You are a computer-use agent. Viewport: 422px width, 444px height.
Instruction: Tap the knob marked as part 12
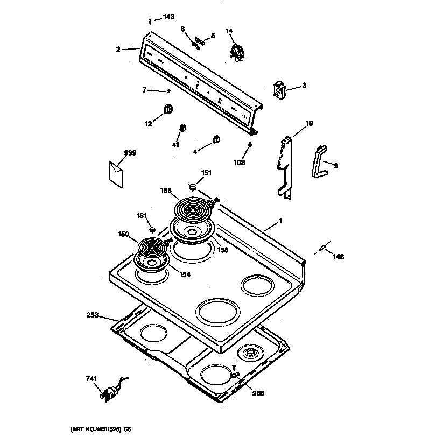(167, 108)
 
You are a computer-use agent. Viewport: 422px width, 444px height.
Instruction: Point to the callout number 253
(92, 315)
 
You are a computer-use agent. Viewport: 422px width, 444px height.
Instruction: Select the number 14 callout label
(229, 32)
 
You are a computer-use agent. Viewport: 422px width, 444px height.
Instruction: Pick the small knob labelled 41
(182, 129)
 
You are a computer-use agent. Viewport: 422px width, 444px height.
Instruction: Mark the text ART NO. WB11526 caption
(101, 429)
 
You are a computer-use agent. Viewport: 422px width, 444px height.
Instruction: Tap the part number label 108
(239, 162)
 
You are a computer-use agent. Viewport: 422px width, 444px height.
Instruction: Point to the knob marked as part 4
(215, 139)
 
